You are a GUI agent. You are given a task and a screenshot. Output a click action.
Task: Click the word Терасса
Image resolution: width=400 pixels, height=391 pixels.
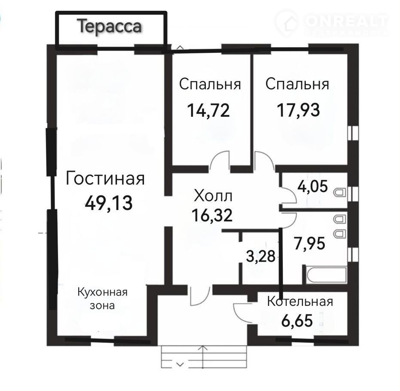[x=109, y=27]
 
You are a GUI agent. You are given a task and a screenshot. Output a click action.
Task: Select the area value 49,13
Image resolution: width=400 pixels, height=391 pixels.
[x=109, y=203]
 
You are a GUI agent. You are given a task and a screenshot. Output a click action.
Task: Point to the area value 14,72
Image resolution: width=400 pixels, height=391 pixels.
[x=208, y=110]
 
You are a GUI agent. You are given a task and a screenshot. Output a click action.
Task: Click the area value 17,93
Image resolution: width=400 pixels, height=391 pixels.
[x=298, y=110]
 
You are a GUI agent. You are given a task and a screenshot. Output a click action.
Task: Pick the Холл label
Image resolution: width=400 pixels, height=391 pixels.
[x=213, y=196]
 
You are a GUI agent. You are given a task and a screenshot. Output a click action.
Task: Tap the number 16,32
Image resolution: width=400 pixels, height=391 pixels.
[x=212, y=215]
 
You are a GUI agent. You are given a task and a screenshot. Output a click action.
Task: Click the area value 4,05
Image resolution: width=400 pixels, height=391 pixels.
[x=312, y=186]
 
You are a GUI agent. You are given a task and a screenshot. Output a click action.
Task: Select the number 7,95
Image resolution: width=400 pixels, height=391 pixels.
[x=309, y=243]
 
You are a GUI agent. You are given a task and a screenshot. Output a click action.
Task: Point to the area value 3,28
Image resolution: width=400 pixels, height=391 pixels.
[x=261, y=256]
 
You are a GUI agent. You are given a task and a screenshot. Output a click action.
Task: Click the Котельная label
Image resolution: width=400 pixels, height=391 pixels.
[x=300, y=302]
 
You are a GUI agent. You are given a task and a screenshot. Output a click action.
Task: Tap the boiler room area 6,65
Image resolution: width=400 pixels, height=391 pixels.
[x=297, y=321]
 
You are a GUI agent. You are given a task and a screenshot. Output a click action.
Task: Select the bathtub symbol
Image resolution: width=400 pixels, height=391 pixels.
[x=327, y=275]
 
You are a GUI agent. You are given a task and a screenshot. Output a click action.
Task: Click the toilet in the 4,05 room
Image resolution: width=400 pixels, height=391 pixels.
[x=339, y=192]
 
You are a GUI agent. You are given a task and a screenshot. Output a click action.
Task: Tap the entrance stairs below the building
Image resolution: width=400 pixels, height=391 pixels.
[x=204, y=357]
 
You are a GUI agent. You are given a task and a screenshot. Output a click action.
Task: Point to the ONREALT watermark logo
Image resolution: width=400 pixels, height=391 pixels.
[x=332, y=23]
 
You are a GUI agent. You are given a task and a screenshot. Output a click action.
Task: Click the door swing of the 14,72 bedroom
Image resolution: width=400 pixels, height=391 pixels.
[x=220, y=160]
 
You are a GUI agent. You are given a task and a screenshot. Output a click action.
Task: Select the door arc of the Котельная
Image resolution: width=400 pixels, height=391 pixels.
[x=241, y=313]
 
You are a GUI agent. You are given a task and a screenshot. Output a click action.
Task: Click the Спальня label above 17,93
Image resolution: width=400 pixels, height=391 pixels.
[x=297, y=84]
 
